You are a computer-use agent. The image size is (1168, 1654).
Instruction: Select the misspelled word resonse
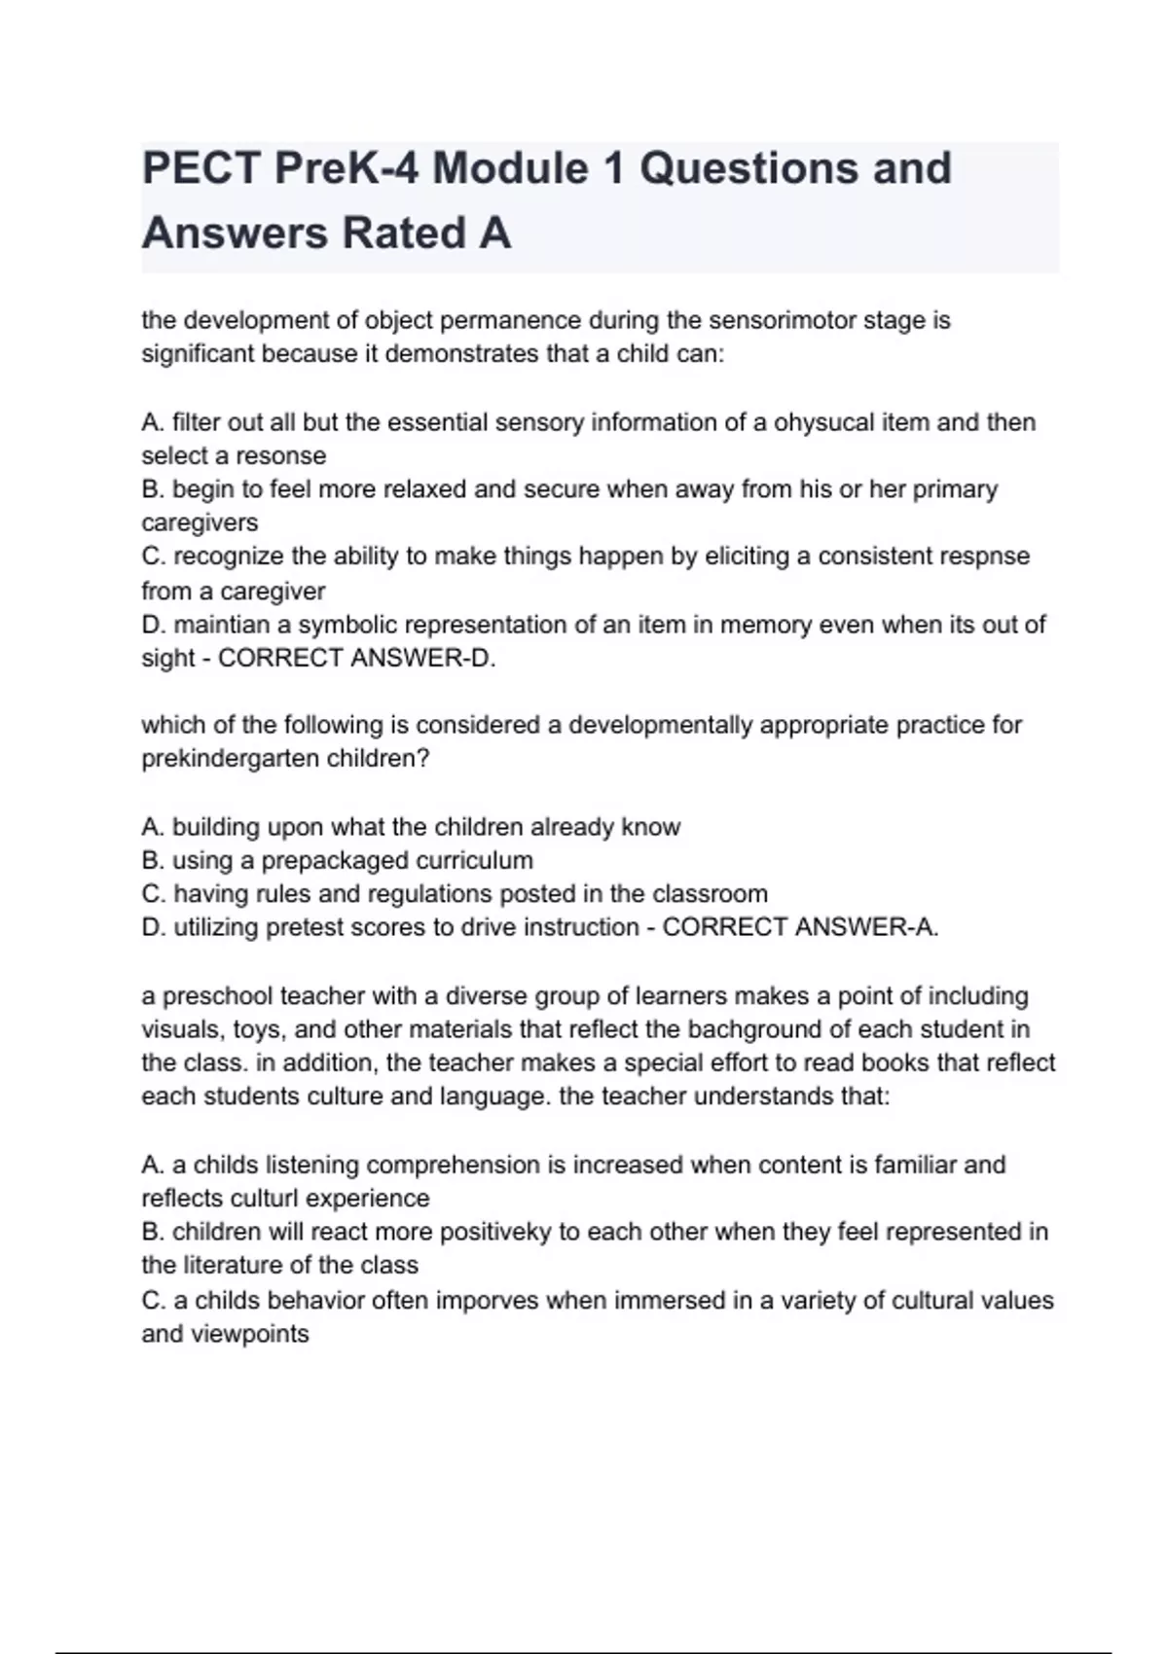pos(280,455)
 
